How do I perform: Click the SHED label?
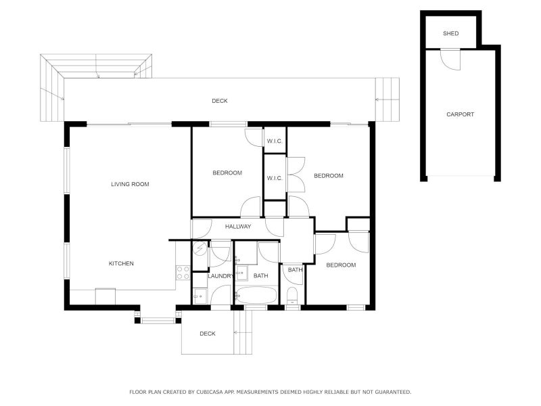[x=450, y=33]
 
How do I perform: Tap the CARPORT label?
[x=460, y=114]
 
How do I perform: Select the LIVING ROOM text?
[x=130, y=184]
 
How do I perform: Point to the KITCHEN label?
[x=122, y=263]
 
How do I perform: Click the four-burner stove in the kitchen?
[x=183, y=273]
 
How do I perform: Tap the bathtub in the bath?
[x=256, y=296]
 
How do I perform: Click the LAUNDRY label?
[x=220, y=276]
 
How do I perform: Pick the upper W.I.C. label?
[x=274, y=141]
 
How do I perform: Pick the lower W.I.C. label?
[x=274, y=178]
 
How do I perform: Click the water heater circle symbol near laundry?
[x=199, y=248]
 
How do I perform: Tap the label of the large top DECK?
[x=219, y=101]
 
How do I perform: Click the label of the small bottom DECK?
[x=207, y=334]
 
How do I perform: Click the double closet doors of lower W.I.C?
[x=296, y=175]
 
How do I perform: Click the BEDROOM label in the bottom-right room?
[x=341, y=265]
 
